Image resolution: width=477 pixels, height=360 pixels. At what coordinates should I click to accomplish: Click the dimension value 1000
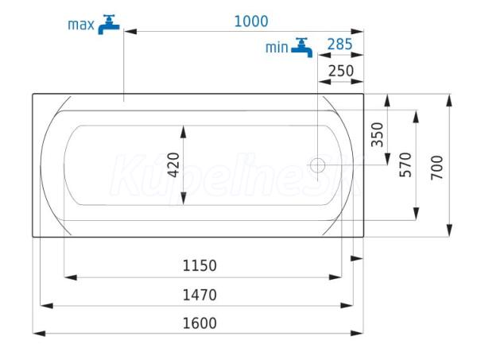[x=251, y=21]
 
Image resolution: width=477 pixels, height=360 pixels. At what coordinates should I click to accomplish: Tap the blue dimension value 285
[x=339, y=45]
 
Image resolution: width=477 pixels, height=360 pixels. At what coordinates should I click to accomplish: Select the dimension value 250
[x=341, y=72]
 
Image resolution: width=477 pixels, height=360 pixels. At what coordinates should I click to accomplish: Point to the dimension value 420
[x=173, y=165]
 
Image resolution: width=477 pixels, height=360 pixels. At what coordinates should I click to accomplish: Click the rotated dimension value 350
[x=377, y=134]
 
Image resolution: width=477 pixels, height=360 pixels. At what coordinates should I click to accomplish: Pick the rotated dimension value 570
[x=405, y=165]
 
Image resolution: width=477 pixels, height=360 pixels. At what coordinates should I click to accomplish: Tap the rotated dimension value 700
[x=436, y=167]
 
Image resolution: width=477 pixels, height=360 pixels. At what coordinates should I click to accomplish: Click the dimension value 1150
[x=200, y=265]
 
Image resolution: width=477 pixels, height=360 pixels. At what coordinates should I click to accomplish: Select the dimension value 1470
[x=200, y=295]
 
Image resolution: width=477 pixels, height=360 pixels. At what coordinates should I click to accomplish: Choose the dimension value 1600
[x=200, y=323]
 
